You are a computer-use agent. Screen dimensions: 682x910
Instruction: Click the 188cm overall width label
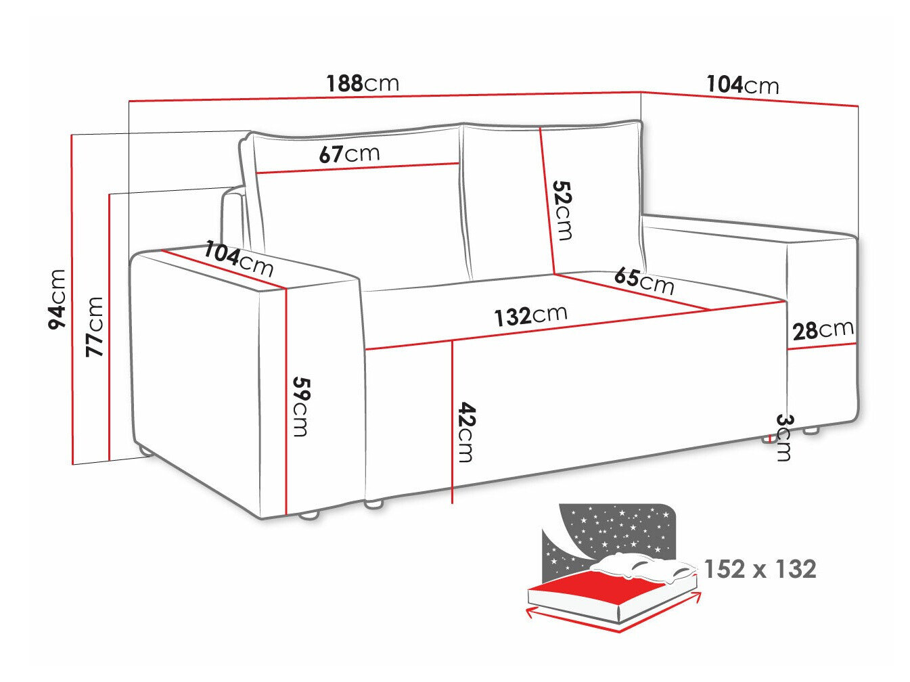pyautogui.click(x=363, y=83)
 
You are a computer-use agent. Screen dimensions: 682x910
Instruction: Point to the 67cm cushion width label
pyautogui.click(x=349, y=154)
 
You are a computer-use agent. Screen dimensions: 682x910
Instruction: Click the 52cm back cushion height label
pyautogui.click(x=562, y=210)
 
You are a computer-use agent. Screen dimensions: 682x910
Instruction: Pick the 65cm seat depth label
pyautogui.click(x=644, y=280)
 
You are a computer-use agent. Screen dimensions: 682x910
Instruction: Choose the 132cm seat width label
pyautogui.click(x=530, y=315)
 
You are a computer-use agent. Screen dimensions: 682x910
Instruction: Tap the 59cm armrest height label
pyautogui.click(x=300, y=406)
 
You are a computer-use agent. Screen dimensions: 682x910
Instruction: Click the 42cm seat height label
pyautogui.click(x=465, y=432)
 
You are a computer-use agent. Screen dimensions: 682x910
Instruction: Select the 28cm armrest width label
pyautogui.click(x=823, y=330)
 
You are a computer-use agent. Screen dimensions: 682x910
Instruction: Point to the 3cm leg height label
pyautogui.click(x=783, y=437)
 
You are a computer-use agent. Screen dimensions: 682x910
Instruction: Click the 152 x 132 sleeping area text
pyautogui.click(x=760, y=570)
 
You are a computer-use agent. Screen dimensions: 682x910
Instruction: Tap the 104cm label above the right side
pyautogui.click(x=743, y=85)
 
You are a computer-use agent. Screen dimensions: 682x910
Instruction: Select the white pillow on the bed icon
pyautogui.click(x=643, y=568)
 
